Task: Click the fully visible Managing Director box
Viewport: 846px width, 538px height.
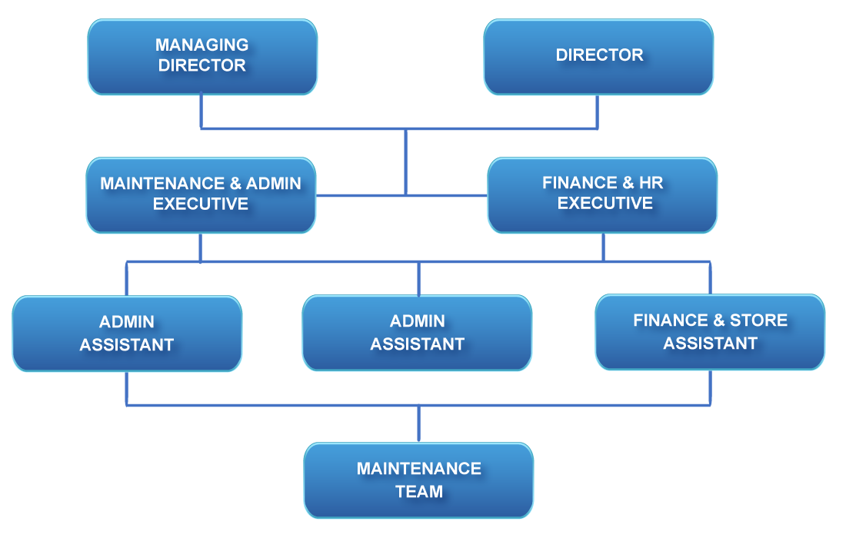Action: (x=202, y=57)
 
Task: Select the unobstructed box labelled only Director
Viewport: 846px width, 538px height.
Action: (x=598, y=57)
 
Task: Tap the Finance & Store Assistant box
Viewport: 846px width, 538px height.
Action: (x=710, y=332)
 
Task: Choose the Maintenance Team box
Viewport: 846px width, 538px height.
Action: (x=418, y=480)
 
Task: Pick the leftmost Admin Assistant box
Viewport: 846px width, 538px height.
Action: (x=127, y=334)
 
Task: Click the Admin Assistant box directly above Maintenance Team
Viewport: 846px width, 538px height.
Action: (x=417, y=333)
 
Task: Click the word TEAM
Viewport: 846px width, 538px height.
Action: (x=419, y=492)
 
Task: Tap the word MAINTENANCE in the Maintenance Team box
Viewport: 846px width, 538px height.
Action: (x=419, y=469)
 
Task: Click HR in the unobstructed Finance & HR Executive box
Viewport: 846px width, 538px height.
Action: (x=650, y=183)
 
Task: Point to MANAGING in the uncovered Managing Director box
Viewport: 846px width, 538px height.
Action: (x=202, y=45)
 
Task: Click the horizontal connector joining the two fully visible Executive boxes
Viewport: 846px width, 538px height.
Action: (x=361, y=196)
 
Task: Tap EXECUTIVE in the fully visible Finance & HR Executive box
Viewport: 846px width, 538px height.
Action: (x=605, y=204)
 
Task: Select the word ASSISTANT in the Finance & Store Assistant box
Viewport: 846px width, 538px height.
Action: (x=710, y=344)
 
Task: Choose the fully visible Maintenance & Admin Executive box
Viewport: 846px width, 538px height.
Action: (x=201, y=195)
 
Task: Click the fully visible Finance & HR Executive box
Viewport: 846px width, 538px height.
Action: (x=602, y=195)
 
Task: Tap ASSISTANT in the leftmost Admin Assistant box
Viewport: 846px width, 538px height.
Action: (x=127, y=345)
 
